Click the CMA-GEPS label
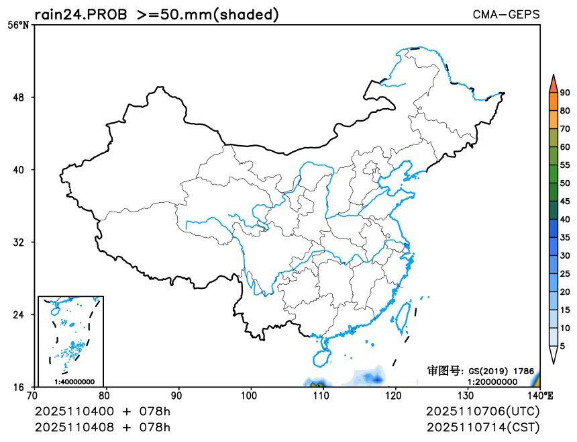coord(506,14)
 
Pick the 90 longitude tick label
coord(178,394)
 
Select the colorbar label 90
coord(565,93)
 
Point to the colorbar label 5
coord(562,346)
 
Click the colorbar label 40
coord(565,220)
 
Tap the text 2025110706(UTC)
coord(482,410)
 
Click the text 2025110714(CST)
coord(482,427)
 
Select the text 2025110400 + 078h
coord(103,410)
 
